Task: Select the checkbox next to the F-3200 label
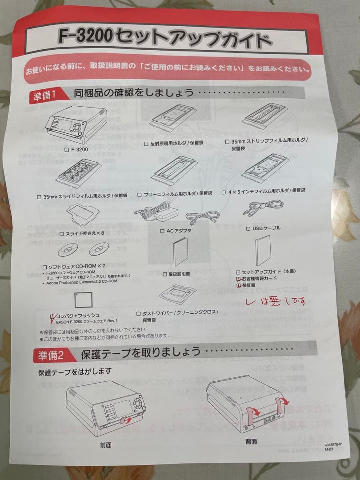pyautogui.click(x=66, y=150)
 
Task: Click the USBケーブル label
pyautogui.click(x=266, y=228)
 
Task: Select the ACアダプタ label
pyautogui.click(x=179, y=231)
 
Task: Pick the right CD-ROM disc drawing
pyautogui.click(x=99, y=249)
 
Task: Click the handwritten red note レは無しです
pyautogui.click(x=276, y=302)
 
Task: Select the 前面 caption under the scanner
pyautogui.click(x=106, y=444)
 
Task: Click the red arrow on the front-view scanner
pyautogui.click(x=127, y=419)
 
